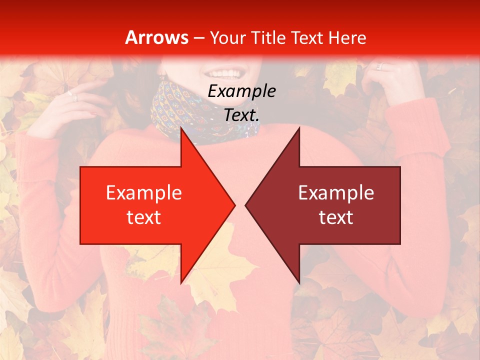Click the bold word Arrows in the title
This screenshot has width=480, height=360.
tap(156, 37)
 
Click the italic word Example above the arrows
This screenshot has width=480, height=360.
tap(241, 91)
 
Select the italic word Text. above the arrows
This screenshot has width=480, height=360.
tap(241, 115)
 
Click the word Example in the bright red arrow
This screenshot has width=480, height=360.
tap(143, 192)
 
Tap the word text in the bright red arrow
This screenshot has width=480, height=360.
tap(143, 217)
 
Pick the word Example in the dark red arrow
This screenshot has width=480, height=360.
tap(336, 192)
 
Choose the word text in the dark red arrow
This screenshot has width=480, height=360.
tap(336, 217)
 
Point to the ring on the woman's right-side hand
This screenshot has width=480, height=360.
tap(379, 66)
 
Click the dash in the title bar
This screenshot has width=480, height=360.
tap(199, 37)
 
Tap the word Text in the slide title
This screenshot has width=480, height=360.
tap(306, 37)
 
